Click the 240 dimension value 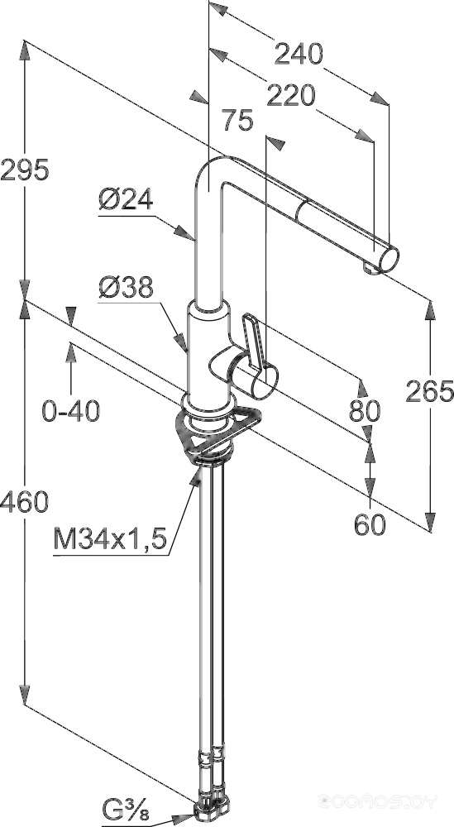[x=299, y=55]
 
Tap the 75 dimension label [x=238, y=120]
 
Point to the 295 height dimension [x=25, y=170]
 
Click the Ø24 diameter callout [x=126, y=199]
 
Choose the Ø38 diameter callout [x=126, y=288]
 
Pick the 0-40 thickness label [x=70, y=411]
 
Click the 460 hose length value [x=25, y=502]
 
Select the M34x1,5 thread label [x=110, y=539]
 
